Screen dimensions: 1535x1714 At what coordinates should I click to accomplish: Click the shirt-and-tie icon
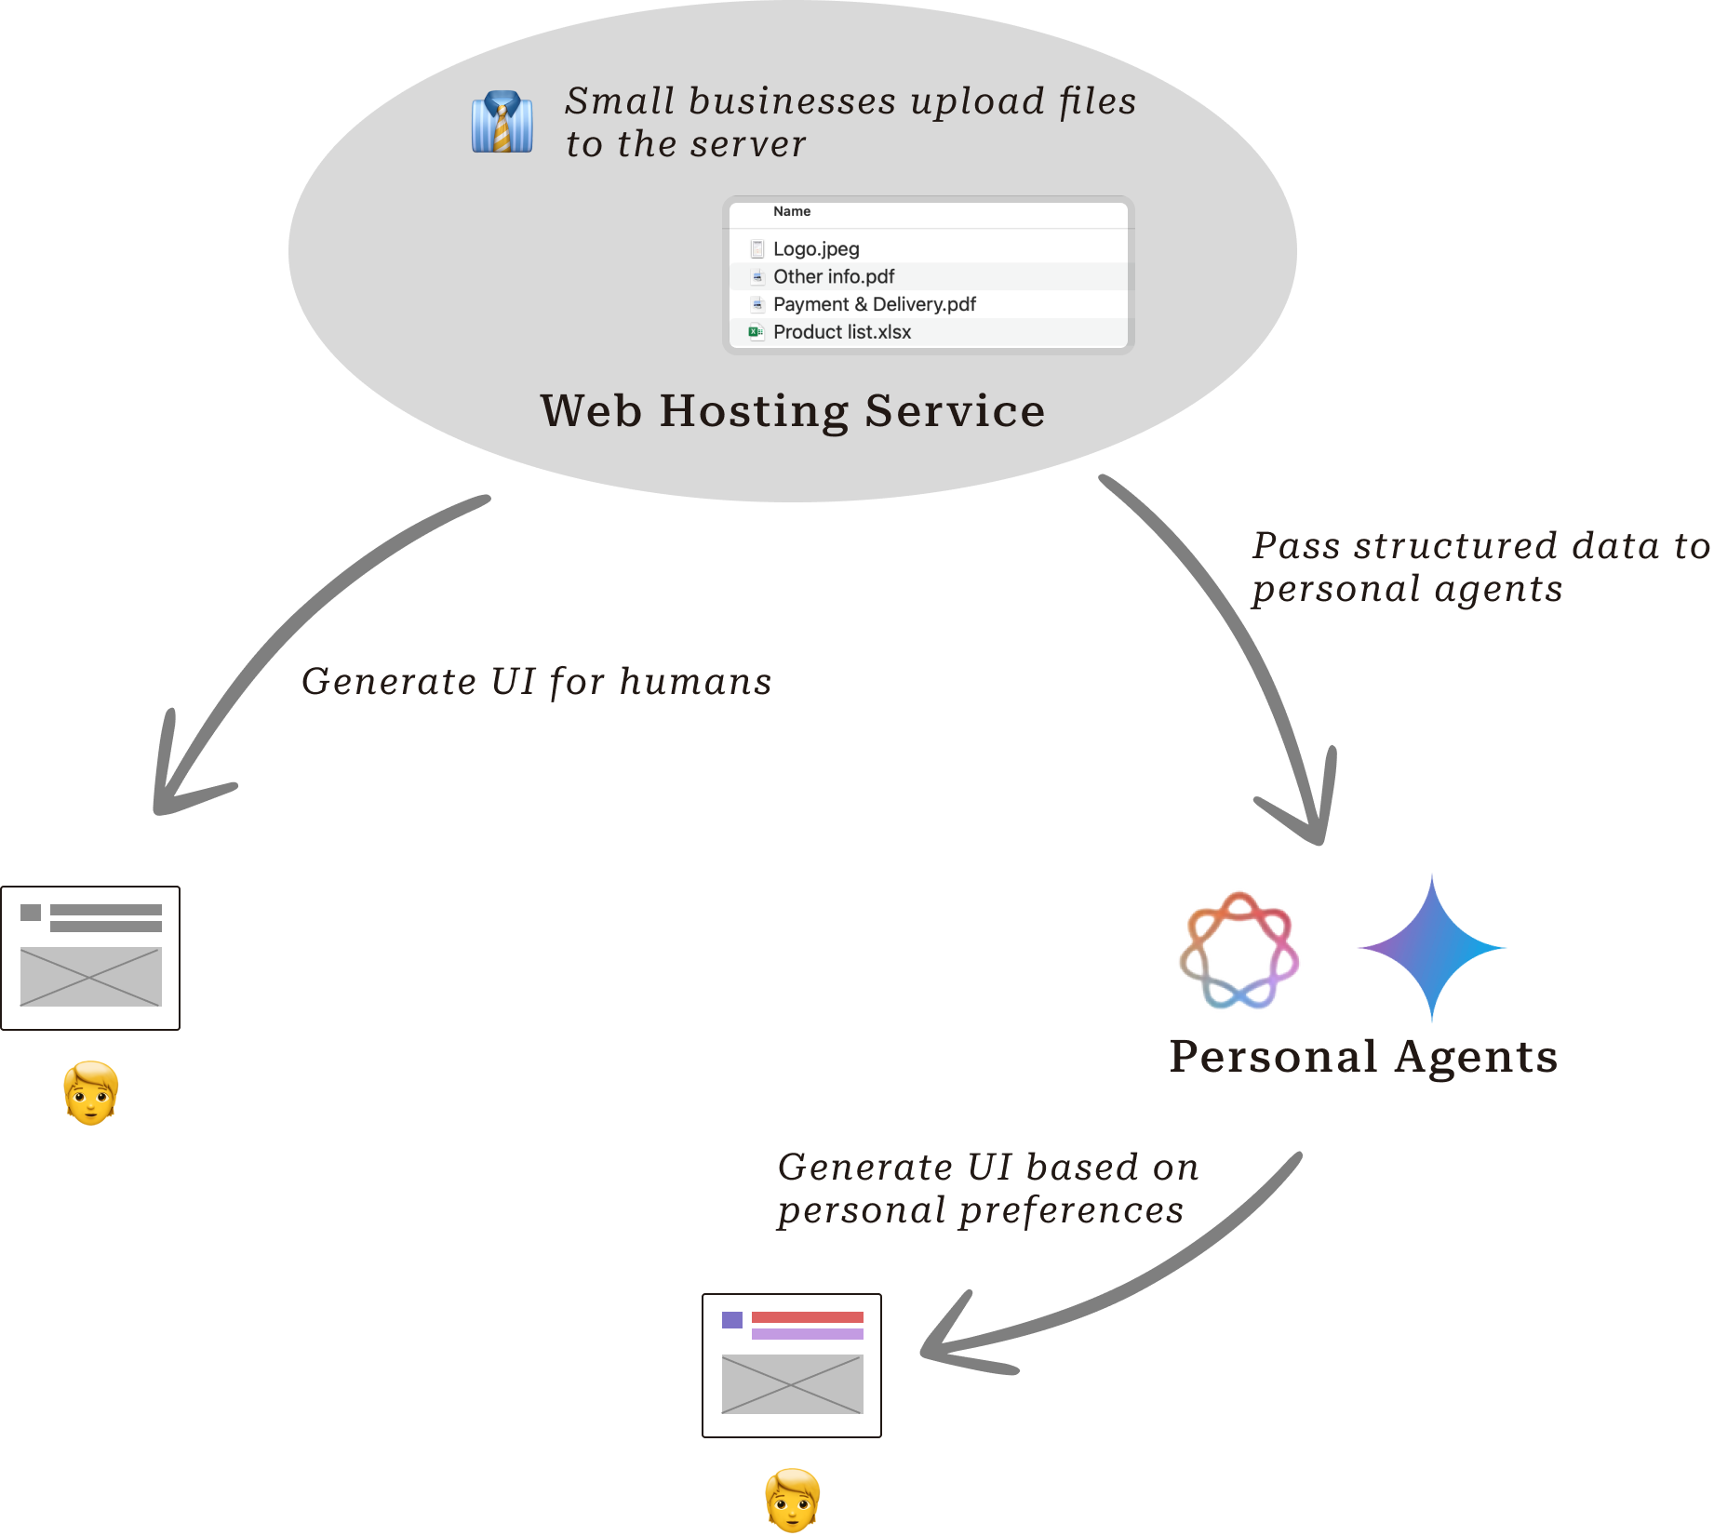tap(502, 122)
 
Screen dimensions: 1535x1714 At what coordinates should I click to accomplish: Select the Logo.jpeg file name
tap(816, 249)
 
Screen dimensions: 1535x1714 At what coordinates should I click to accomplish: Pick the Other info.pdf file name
tap(834, 277)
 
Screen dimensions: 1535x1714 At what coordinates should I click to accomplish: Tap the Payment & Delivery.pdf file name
tap(874, 305)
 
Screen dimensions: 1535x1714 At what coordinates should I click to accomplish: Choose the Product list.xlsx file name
tap(841, 332)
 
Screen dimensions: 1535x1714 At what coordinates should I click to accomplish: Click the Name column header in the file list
tap(792, 212)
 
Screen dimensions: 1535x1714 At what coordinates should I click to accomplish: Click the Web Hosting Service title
tap(793, 410)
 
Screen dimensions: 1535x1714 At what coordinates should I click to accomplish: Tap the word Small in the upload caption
tap(620, 101)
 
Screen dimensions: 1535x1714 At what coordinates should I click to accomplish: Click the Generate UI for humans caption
tap(537, 682)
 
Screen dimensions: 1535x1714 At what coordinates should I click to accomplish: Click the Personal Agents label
tap(1363, 1057)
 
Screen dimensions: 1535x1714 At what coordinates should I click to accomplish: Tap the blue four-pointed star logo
tap(1432, 948)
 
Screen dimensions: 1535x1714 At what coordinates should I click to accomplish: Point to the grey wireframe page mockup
tap(90, 958)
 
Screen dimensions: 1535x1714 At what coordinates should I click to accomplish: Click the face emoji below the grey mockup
tap(90, 1094)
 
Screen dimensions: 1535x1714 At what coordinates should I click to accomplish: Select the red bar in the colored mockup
tap(807, 1317)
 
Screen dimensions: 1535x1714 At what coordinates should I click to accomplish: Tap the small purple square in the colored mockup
tap(732, 1319)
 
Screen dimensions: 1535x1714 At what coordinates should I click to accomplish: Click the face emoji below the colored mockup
tap(792, 1500)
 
